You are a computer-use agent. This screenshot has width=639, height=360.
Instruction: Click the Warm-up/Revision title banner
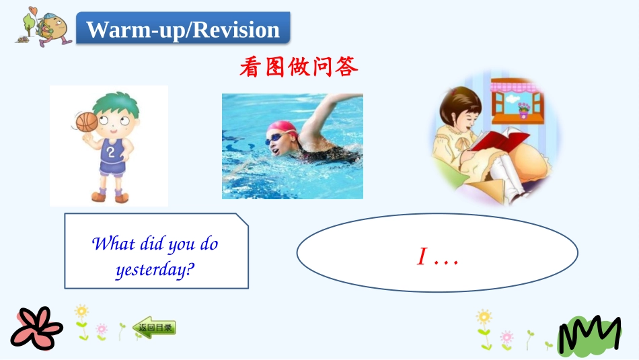(x=183, y=30)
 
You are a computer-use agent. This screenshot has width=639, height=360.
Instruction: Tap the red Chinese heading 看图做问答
(x=298, y=67)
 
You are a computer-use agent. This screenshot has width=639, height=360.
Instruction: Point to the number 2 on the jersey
(x=111, y=151)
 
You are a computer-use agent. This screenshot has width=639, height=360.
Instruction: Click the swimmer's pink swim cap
(x=282, y=127)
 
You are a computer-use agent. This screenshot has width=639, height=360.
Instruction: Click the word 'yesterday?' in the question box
(x=155, y=270)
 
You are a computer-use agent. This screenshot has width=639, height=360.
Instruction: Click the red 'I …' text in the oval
(x=437, y=256)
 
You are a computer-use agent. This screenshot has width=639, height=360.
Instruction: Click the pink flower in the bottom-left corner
(x=36, y=328)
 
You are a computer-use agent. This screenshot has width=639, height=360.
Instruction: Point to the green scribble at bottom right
(x=589, y=334)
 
